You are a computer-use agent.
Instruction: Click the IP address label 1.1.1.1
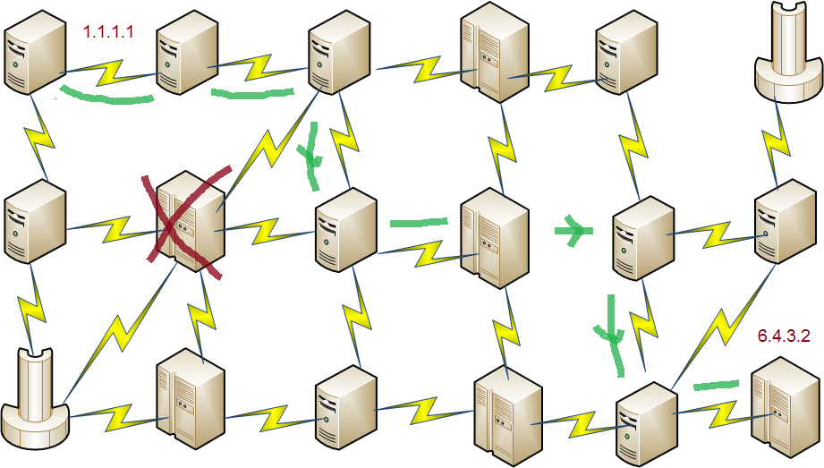click(x=108, y=32)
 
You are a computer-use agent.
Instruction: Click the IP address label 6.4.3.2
click(x=783, y=336)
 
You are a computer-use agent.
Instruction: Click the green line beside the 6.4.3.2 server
click(x=717, y=386)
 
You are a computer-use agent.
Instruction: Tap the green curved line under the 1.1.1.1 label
click(x=105, y=96)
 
